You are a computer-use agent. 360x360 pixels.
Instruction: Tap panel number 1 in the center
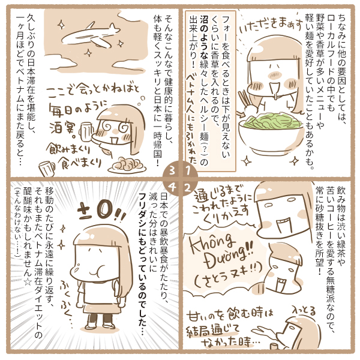(188, 171)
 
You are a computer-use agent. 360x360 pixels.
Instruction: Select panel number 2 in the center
(188, 188)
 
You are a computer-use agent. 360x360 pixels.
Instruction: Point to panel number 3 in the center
(172, 171)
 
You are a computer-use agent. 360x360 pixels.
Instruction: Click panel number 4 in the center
(172, 188)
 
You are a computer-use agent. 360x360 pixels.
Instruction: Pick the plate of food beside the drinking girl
(127, 164)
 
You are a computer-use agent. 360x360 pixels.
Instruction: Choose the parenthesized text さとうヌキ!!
(229, 275)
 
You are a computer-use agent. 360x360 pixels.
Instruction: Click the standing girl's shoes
(100, 325)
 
